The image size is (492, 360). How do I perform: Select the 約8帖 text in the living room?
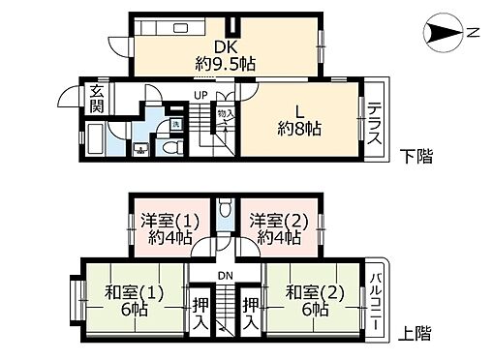pyautogui.click(x=299, y=129)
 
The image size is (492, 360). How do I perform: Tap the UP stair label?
pyautogui.click(x=200, y=95)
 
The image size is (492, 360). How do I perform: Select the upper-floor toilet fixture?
pyautogui.click(x=225, y=207)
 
